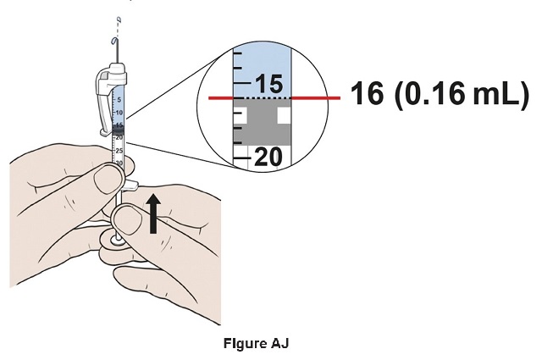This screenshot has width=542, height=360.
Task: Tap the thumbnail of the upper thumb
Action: pos(109,180)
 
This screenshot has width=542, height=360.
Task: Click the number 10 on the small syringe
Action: pos(119,112)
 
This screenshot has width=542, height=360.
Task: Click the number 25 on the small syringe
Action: pos(119,150)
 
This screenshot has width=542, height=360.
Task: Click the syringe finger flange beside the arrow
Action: pos(133,184)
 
